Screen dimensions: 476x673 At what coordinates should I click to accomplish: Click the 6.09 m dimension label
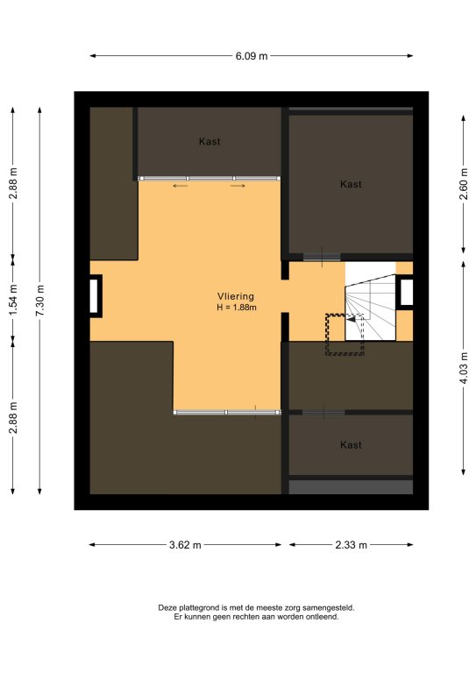(x=251, y=56)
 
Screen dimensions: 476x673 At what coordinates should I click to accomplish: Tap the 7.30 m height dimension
(x=39, y=301)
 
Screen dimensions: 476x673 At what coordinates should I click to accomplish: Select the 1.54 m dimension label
(x=13, y=300)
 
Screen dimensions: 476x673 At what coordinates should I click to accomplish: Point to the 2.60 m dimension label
(x=464, y=184)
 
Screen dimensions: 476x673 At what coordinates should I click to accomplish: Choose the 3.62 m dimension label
(x=185, y=545)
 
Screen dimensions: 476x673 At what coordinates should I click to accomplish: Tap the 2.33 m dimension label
(x=352, y=545)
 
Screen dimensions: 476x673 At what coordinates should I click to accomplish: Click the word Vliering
(x=236, y=296)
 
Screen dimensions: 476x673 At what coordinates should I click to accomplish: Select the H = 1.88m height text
(x=237, y=308)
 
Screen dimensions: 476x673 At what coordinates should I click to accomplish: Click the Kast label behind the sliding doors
(x=210, y=141)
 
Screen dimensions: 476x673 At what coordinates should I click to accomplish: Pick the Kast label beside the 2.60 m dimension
(x=351, y=184)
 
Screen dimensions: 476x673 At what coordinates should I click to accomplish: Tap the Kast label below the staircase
(x=351, y=444)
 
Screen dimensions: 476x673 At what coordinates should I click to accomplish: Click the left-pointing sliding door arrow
(x=181, y=186)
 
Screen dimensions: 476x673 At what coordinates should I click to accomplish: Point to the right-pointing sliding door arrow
(x=238, y=186)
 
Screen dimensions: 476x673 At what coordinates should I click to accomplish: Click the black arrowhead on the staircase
(x=352, y=319)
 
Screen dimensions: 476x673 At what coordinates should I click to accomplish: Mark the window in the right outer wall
(x=407, y=293)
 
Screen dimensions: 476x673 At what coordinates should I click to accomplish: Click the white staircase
(x=370, y=301)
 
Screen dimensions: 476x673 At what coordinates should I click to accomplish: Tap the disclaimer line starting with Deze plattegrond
(x=256, y=608)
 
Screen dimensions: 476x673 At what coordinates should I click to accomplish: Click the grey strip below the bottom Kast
(x=351, y=486)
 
